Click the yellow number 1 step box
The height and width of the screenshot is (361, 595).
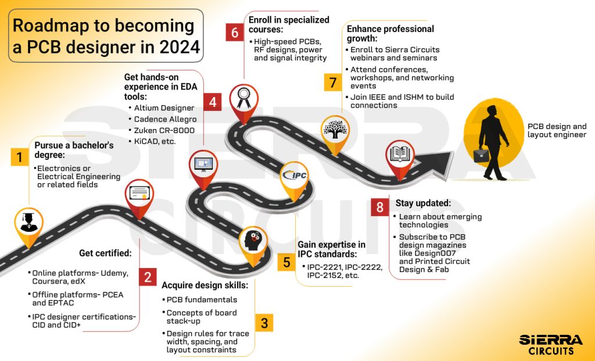(20, 157)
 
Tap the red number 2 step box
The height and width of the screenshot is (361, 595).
(148, 277)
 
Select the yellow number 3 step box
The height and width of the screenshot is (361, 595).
(264, 323)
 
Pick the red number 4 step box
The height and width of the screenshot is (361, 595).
(213, 102)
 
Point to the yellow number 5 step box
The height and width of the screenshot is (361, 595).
(286, 262)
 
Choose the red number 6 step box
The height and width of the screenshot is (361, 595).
(234, 33)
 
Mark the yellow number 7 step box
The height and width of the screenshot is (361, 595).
(332, 83)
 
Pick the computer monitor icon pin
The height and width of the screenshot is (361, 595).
(203, 166)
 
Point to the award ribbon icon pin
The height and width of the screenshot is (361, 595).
(243, 99)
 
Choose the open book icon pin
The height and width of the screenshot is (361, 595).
(400, 155)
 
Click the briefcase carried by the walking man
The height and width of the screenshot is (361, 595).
(481, 155)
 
